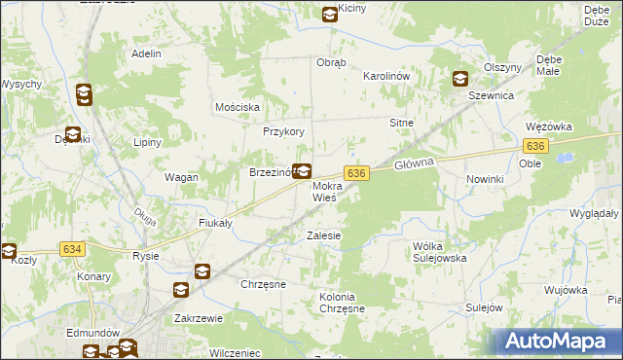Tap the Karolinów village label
pyautogui.click(x=385, y=75)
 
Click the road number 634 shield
pyautogui.click(x=72, y=249)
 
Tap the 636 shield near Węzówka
pyautogui.click(x=534, y=145)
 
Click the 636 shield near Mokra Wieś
pyautogui.click(x=356, y=172)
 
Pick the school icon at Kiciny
pyautogui.click(x=330, y=14)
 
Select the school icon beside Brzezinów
pyautogui.click(x=302, y=171)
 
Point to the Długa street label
pyautogui.click(x=144, y=214)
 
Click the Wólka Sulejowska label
pyautogui.click(x=440, y=252)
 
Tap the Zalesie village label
pyautogui.click(x=323, y=235)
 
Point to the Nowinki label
pyautogui.click(x=484, y=180)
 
